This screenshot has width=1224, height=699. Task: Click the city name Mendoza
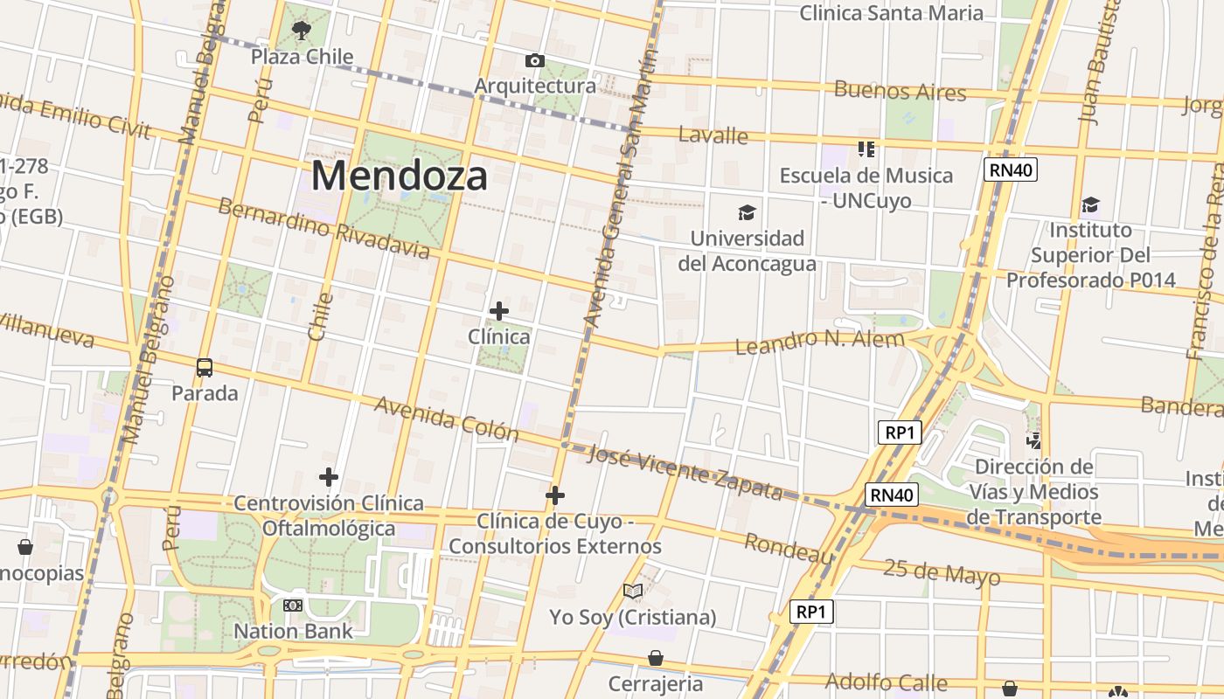pyautogui.click(x=400, y=176)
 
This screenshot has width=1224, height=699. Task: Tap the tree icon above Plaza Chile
pyautogui.click(x=302, y=31)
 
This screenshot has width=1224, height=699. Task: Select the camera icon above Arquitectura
pyautogui.click(x=534, y=60)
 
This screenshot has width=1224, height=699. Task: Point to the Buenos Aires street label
pyautogui.click(x=900, y=90)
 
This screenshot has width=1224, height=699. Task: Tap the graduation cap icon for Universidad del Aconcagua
pyautogui.click(x=747, y=212)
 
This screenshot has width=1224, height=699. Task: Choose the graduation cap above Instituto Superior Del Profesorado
pyautogui.click(x=1090, y=205)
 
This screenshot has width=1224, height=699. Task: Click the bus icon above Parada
pyautogui.click(x=205, y=368)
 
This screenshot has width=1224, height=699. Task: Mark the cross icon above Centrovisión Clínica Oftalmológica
pyautogui.click(x=329, y=477)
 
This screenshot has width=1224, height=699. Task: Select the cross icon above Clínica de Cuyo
pyautogui.click(x=554, y=495)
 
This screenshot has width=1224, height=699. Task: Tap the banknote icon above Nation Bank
pyautogui.click(x=293, y=605)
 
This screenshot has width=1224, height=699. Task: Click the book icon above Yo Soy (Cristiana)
pyautogui.click(x=633, y=592)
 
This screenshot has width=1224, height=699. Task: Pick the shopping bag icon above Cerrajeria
pyautogui.click(x=655, y=658)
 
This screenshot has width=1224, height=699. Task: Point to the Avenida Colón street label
pyautogui.click(x=446, y=419)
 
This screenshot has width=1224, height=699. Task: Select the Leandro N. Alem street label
pyautogui.click(x=819, y=341)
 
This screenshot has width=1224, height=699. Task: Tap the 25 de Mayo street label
pyautogui.click(x=941, y=572)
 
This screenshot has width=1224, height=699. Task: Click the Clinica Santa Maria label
pyautogui.click(x=891, y=13)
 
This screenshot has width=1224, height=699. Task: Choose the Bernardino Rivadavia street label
pyautogui.click(x=323, y=229)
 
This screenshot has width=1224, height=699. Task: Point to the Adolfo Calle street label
pyautogui.click(x=886, y=682)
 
